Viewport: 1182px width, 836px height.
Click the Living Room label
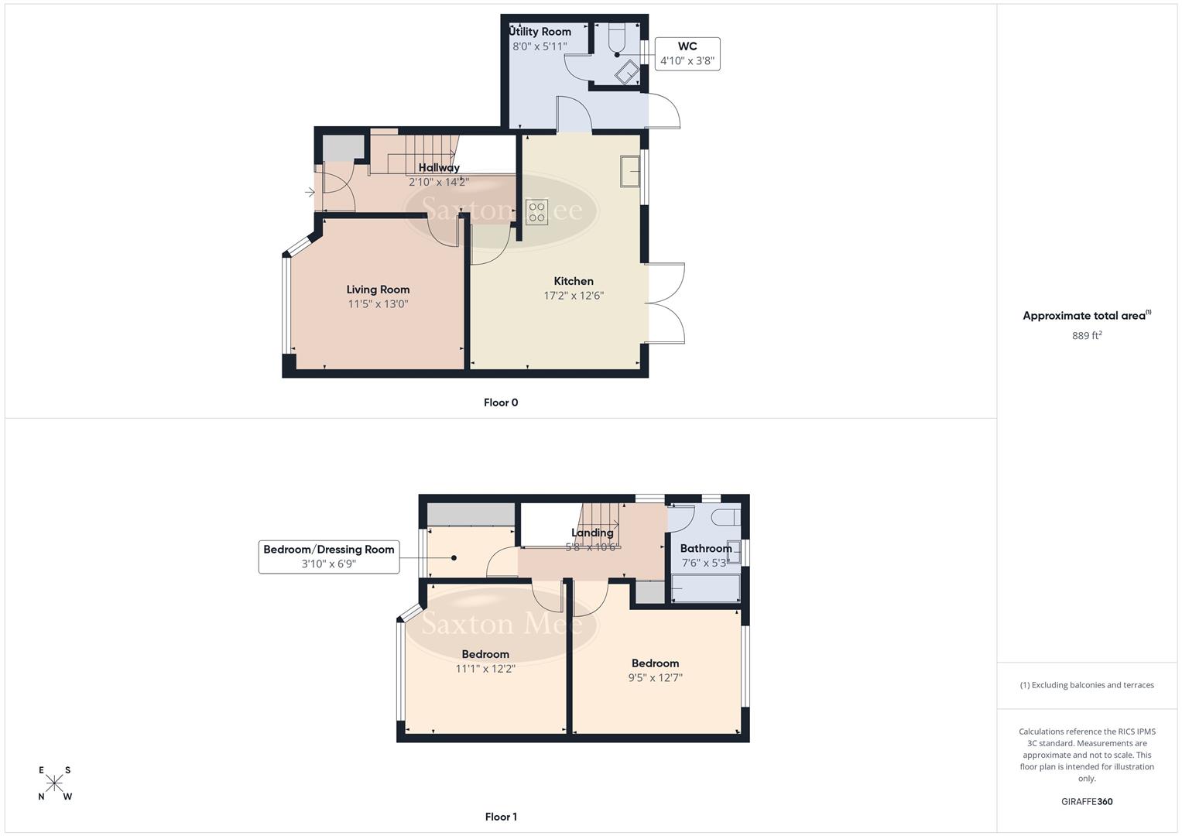pyautogui.click(x=378, y=290)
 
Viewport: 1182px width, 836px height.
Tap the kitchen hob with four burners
pyautogui.click(x=536, y=212)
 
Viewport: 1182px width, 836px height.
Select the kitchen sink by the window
pyautogui.click(x=629, y=171)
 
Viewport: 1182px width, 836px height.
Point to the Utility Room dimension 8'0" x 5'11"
pyautogui.click(x=540, y=46)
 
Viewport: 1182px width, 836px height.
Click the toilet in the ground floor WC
pyautogui.click(x=616, y=40)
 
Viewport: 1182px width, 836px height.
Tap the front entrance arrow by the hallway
pyautogui.click(x=310, y=192)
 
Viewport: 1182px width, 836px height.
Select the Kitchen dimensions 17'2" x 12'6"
pyautogui.click(x=574, y=295)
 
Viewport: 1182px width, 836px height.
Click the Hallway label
pyautogui.click(x=439, y=167)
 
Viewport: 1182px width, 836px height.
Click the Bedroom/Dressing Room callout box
pyautogui.click(x=329, y=557)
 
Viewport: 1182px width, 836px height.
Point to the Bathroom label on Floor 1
pyautogui.click(x=705, y=548)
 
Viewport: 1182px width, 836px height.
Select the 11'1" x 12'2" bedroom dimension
pyautogui.click(x=485, y=669)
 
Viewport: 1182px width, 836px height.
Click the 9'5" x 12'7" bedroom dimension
pyautogui.click(x=655, y=677)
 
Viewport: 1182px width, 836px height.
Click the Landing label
pyautogui.click(x=592, y=533)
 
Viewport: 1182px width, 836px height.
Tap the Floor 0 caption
pyautogui.click(x=501, y=403)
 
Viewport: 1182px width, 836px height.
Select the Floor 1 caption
pyautogui.click(x=501, y=817)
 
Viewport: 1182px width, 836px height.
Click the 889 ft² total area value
pyautogui.click(x=1087, y=335)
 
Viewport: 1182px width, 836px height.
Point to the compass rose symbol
pyautogui.click(x=54, y=783)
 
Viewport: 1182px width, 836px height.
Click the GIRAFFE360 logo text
pyautogui.click(x=1087, y=801)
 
